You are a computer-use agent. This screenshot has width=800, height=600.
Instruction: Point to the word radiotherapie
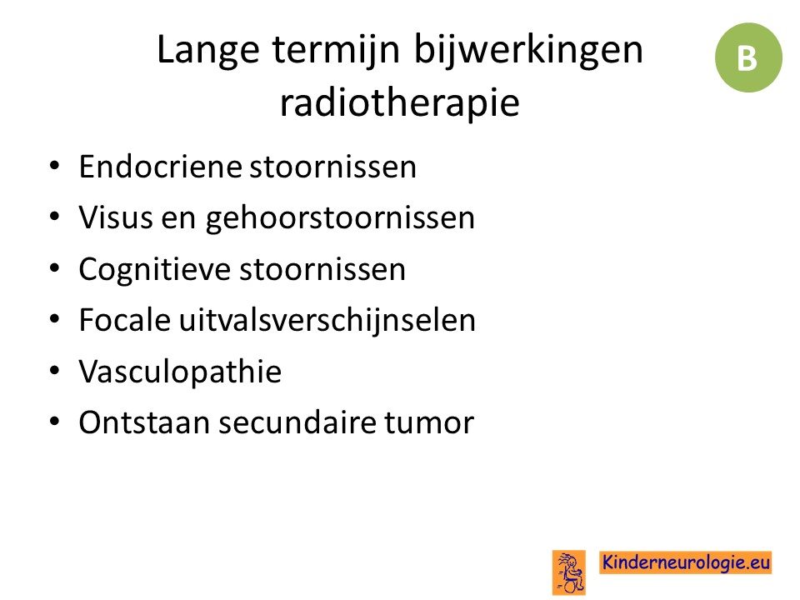[x=400, y=102]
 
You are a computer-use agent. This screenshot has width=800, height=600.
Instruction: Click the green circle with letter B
[x=748, y=57]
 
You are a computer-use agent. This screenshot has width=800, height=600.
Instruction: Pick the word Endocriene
[x=160, y=167]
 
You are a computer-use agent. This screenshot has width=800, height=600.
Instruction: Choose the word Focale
[x=124, y=320]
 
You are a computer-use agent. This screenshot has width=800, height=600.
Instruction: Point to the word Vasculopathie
[x=180, y=372]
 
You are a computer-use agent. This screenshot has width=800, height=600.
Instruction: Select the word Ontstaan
[x=144, y=423]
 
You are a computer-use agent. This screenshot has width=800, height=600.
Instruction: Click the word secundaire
[x=297, y=423]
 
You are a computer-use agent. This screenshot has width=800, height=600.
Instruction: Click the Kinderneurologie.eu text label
[x=685, y=562]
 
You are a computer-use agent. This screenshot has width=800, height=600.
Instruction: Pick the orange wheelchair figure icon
[x=569, y=572]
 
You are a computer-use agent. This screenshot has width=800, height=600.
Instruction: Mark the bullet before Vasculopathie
[x=55, y=371]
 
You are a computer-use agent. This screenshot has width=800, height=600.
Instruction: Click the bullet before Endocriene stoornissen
[x=55, y=166]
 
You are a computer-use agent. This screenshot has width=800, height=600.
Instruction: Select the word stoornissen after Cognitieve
[x=322, y=270]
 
